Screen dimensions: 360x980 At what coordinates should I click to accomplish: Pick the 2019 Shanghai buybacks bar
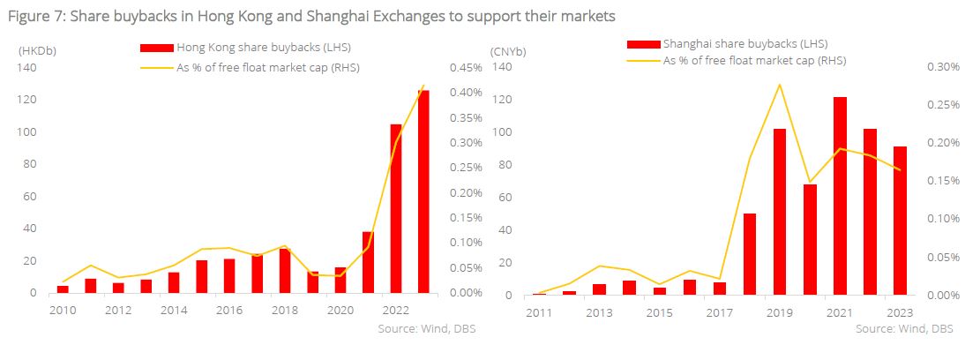(x=780, y=212)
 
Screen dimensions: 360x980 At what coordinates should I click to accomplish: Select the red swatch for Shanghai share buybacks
(x=642, y=43)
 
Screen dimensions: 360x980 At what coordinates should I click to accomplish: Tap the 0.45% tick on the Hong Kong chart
(x=466, y=68)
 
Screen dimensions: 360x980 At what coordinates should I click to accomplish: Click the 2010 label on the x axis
(x=62, y=310)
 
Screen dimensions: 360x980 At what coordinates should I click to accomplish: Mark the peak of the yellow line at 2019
(x=780, y=85)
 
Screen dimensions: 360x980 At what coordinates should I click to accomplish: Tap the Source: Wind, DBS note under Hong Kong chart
(x=422, y=327)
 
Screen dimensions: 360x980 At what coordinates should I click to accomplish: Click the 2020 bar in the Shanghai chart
(x=810, y=239)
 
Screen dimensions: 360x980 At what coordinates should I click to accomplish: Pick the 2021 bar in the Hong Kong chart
(x=368, y=262)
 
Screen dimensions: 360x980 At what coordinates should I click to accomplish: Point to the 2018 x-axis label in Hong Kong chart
(x=284, y=310)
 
